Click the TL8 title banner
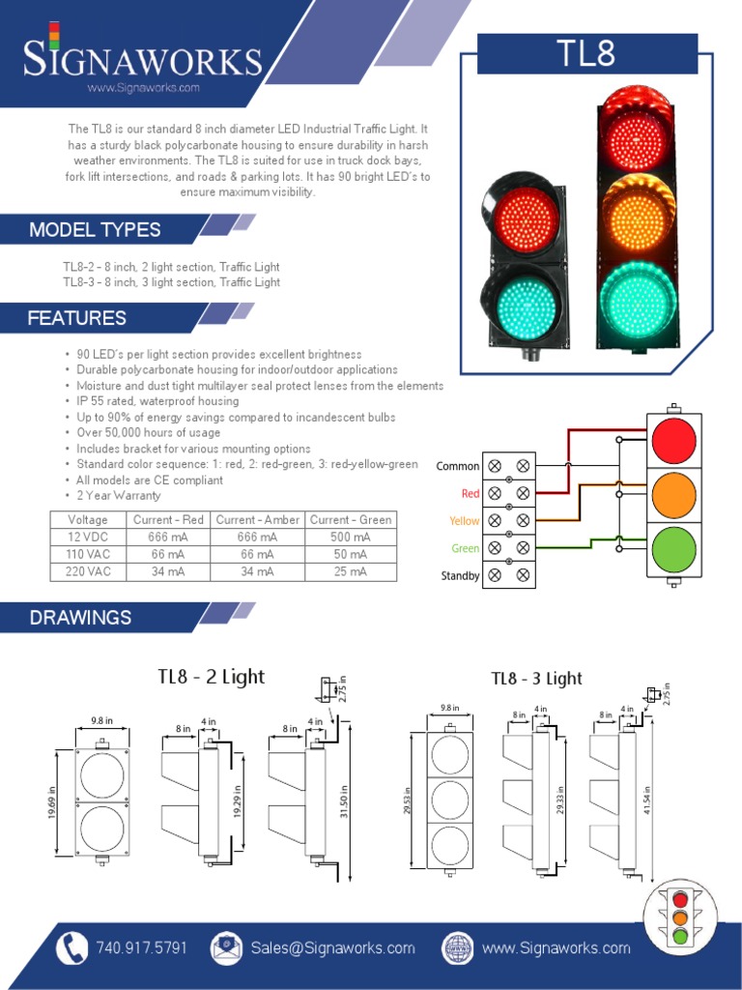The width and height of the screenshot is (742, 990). (587, 53)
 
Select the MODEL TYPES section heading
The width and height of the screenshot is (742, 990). (95, 230)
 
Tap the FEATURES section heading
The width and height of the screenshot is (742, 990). (77, 318)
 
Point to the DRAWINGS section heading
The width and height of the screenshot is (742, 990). (80, 618)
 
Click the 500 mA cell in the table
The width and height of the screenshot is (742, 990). (350, 538)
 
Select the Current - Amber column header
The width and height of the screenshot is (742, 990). (257, 520)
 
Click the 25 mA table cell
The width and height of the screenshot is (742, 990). (350, 571)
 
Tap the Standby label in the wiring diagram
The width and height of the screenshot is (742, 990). (460, 576)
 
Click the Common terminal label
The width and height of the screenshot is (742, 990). (457, 466)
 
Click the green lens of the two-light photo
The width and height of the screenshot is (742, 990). (527, 305)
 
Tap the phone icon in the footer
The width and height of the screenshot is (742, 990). (71, 947)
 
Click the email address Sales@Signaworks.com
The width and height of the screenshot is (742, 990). (333, 947)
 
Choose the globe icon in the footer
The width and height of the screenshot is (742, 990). (458, 947)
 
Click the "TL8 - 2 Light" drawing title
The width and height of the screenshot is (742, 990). (211, 677)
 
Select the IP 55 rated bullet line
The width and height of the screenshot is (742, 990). (157, 401)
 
